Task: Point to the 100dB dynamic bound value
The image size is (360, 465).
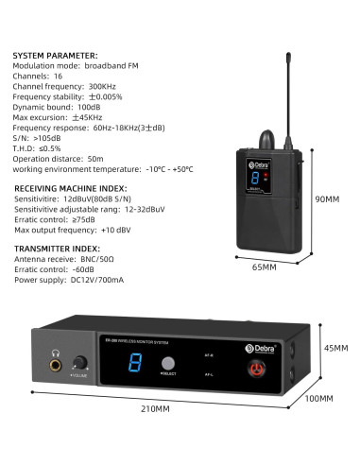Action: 90,107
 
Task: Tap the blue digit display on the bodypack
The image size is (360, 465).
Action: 251,178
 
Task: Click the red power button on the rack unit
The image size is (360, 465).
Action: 252,368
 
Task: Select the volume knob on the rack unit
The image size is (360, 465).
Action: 80,362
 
